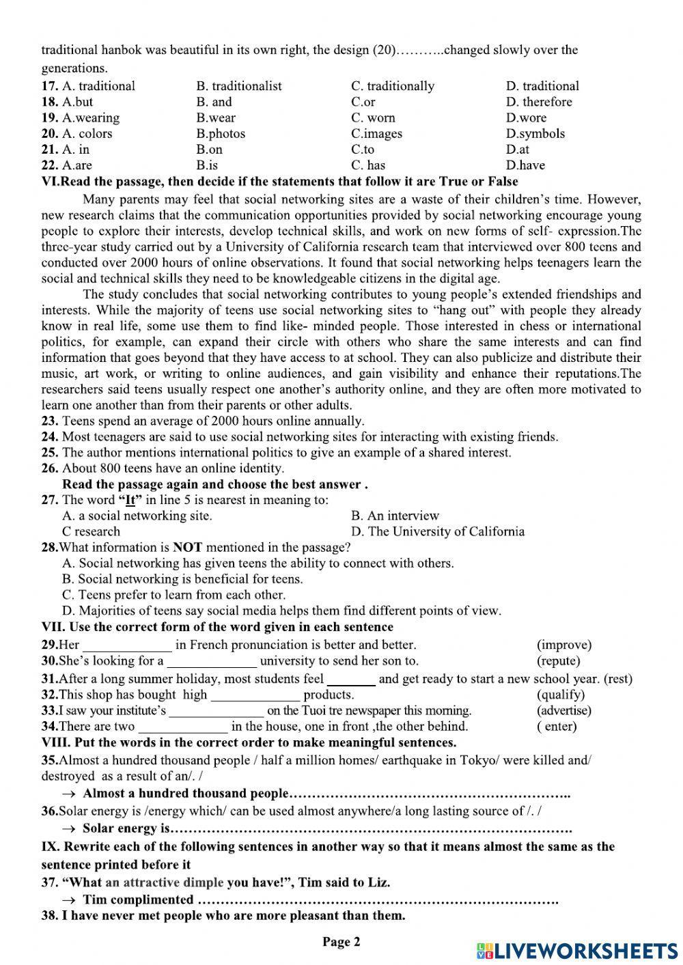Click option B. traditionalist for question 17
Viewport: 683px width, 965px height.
pyautogui.click(x=238, y=86)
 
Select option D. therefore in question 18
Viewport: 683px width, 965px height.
pyautogui.click(x=539, y=102)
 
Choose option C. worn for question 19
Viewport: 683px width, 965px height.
pyautogui.click(x=373, y=117)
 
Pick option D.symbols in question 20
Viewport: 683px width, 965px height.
pyautogui.click(x=535, y=133)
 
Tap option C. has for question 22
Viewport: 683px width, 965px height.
pyautogui.click(x=368, y=165)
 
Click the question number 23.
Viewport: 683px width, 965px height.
pyautogui.click(x=50, y=421)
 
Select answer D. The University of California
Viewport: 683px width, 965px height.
pyautogui.click(x=438, y=531)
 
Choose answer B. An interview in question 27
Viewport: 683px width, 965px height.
pyautogui.click(x=395, y=516)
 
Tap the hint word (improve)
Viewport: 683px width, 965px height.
pyautogui.click(x=564, y=645)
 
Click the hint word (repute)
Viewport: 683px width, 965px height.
pyautogui.click(x=558, y=660)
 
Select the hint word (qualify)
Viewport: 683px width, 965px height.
pyautogui.click(x=561, y=695)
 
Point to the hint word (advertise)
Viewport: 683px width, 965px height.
pyautogui.click(x=564, y=710)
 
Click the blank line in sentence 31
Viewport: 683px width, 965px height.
pyautogui.click(x=351, y=682)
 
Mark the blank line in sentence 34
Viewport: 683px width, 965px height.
pyautogui.click(x=183, y=729)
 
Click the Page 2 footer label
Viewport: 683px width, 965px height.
pyautogui.click(x=341, y=942)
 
